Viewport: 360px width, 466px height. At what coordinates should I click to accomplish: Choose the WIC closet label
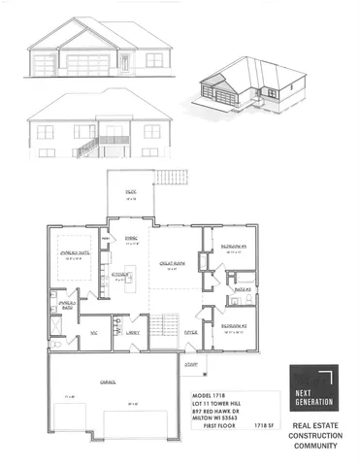coord(95,331)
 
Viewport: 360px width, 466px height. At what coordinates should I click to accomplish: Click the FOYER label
coord(191,331)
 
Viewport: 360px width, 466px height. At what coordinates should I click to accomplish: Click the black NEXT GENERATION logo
coord(312,390)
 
